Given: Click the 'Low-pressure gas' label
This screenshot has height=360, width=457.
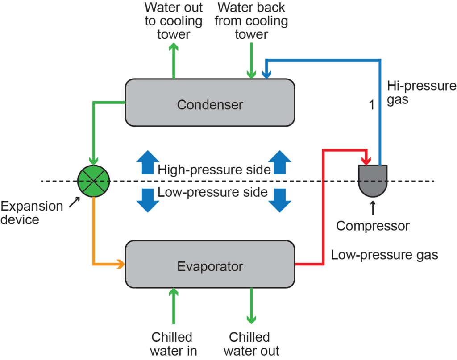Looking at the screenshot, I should pos(384,255).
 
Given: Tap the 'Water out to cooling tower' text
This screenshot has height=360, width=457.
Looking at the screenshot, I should pos(174,21).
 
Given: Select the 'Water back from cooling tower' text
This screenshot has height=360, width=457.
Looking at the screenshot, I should pos(251,21).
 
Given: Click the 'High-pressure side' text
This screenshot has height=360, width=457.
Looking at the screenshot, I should pos(214,170).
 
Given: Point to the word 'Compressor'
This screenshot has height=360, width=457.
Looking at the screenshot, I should pos(373,226).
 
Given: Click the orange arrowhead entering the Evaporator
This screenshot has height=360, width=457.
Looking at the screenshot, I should pos(120,264).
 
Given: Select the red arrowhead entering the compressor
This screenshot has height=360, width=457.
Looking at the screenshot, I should pos(367,159).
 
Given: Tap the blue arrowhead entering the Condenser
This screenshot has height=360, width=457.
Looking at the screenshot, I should pos(266,74).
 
